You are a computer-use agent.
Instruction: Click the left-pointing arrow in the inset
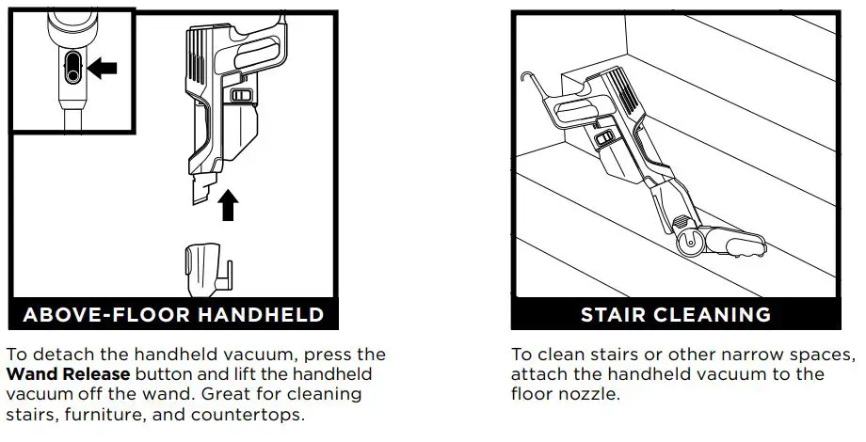(103, 67)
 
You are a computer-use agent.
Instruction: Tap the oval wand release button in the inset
(72, 68)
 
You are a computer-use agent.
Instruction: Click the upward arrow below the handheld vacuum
(227, 203)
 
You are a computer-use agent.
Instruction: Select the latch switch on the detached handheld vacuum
(242, 96)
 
